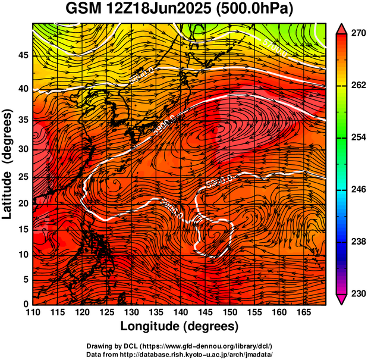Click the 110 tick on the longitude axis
(x=33, y=312)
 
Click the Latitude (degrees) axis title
(x=8, y=164)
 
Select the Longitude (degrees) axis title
(x=180, y=326)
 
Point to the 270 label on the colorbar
(x=356, y=34)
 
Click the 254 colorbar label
(x=356, y=137)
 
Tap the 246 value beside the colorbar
(x=356, y=189)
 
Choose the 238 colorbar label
(x=356, y=242)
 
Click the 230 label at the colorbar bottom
(x=356, y=293)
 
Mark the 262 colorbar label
(x=356, y=86)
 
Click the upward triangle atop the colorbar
(x=341, y=28)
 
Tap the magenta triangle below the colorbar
(x=341, y=300)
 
